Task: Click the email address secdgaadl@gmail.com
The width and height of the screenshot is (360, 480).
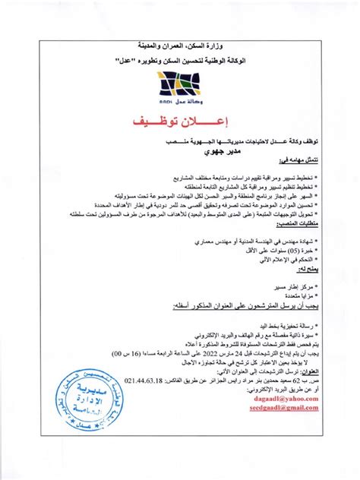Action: [x=281, y=407]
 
